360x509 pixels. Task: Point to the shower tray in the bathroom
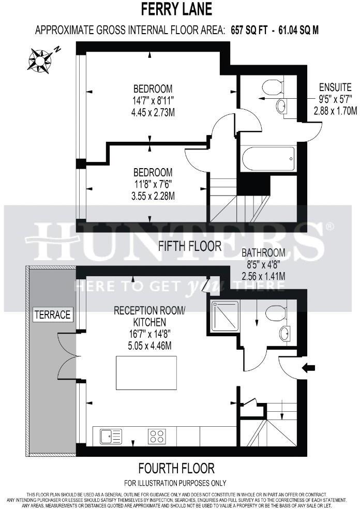click(224, 316)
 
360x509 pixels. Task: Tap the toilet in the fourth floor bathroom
click(275, 312)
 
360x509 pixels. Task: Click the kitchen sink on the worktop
click(111, 436)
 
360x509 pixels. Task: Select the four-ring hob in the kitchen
click(158, 436)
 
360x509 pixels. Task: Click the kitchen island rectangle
click(145, 372)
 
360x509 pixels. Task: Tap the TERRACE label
click(52, 314)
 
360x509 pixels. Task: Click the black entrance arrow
click(309, 368)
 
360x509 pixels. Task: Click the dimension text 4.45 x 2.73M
click(153, 111)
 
